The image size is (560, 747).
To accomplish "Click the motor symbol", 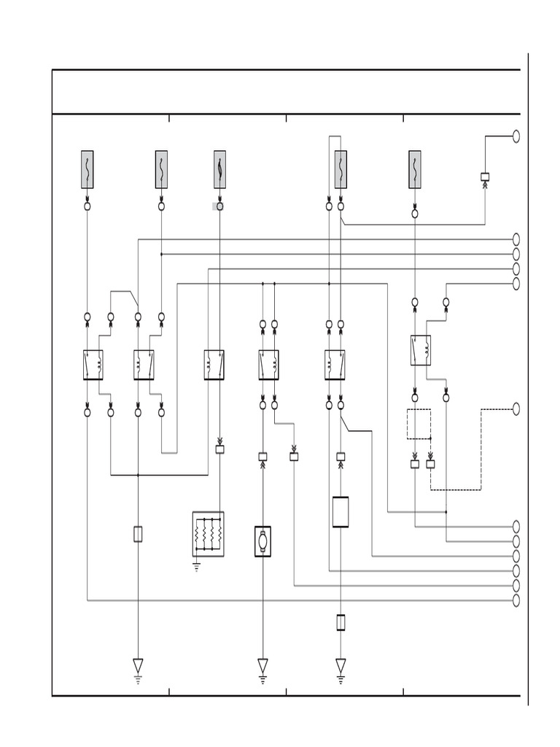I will pyautogui.click(x=262, y=541).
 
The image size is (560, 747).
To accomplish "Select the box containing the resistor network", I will pyautogui.click(x=208, y=534).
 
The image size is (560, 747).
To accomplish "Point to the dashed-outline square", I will pyautogui.click(x=419, y=424).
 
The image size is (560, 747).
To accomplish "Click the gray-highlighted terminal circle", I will pyautogui.click(x=219, y=206).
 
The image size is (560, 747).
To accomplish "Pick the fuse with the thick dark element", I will pyautogui.click(x=219, y=169).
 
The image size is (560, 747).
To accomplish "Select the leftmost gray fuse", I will pyautogui.click(x=87, y=169).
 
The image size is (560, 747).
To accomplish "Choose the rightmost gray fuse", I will pyautogui.click(x=415, y=169).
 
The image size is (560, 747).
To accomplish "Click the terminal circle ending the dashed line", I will pyautogui.click(x=516, y=409).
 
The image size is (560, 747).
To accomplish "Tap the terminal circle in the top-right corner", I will pyautogui.click(x=516, y=136).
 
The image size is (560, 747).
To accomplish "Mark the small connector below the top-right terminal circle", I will pyautogui.click(x=485, y=177).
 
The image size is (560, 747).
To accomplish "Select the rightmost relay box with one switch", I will pyautogui.click(x=421, y=350).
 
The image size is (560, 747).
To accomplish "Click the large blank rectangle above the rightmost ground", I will pyautogui.click(x=341, y=512).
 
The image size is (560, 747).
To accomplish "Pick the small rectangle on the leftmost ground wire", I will pyautogui.click(x=138, y=534).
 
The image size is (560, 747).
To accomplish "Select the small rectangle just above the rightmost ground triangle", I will pyautogui.click(x=341, y=622).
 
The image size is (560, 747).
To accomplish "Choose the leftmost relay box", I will pyautogui.click(x=93, y=365).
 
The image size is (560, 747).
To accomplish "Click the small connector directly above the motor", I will pyautogui.click(x=262, y=457).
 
